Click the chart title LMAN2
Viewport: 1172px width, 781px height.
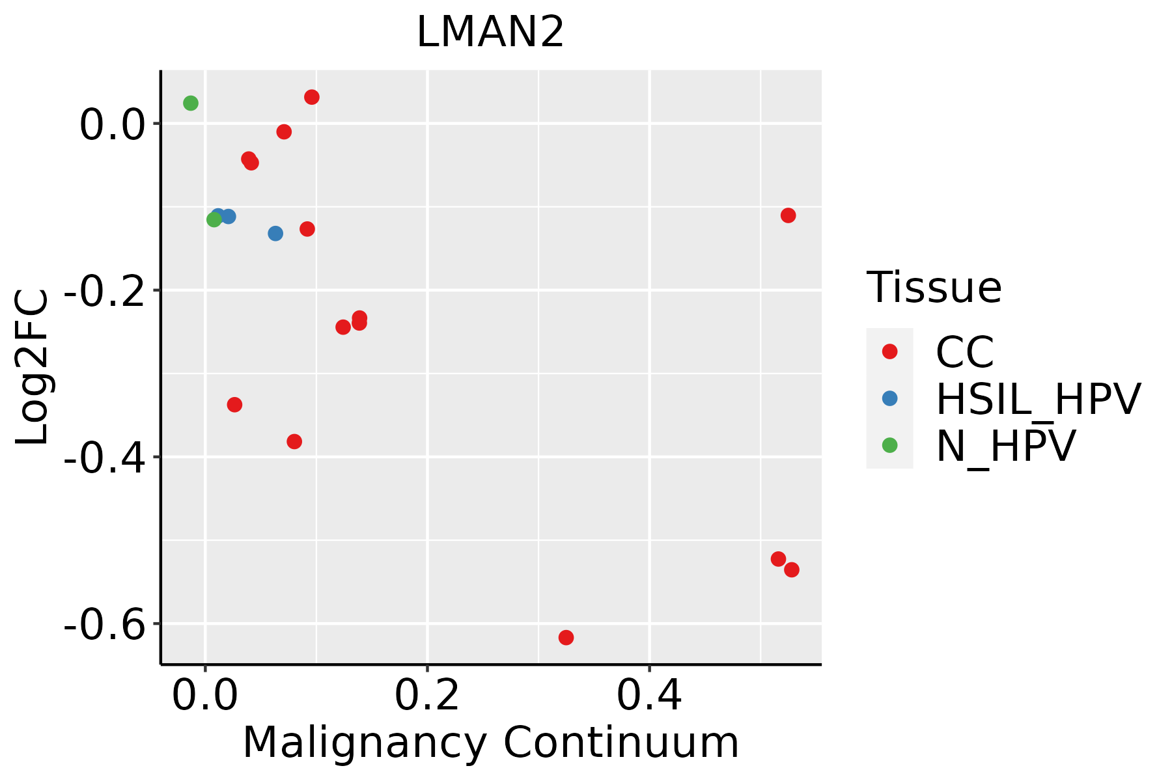pyautogui.click(x=490, y=33)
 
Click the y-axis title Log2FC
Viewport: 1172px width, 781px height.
pyautogui.click(x=33, y=367)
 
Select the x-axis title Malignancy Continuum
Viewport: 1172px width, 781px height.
pyautogui.click(x=490, y=743)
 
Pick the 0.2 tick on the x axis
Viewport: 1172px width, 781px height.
pyautogui.click(x=427, y=696)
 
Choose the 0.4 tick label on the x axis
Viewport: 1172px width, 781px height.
pyautogui.click(x=649, y=696)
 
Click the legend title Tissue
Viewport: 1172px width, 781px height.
pyautogui.click(x=934, y=288)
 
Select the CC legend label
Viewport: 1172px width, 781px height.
pyautogui.click(x=965, y=352)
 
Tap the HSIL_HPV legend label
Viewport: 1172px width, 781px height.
pyautogui.click(x=1038, y=399)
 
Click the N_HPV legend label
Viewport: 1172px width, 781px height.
pyautogui.click(x=1005, y=446)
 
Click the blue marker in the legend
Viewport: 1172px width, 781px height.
pyautogui.click(x=889, y=398)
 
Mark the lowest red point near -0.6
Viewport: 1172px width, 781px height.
pyautogui.click(x=566, y=637)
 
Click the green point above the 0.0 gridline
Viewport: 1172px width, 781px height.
pyautogui.click(x=191, y=103)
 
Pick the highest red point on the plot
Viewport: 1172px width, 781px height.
pyautogui.click(x=312, y=97)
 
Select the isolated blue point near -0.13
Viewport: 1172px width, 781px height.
pyautogui.click(x=275, y=233)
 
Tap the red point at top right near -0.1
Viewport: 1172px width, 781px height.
pyautogui.click(x=788, y=215)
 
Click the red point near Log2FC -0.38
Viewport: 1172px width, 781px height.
pyautogui.click(x=294, y=441)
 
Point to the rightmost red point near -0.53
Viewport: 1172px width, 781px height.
pyautogui.click(x=792, y=569)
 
